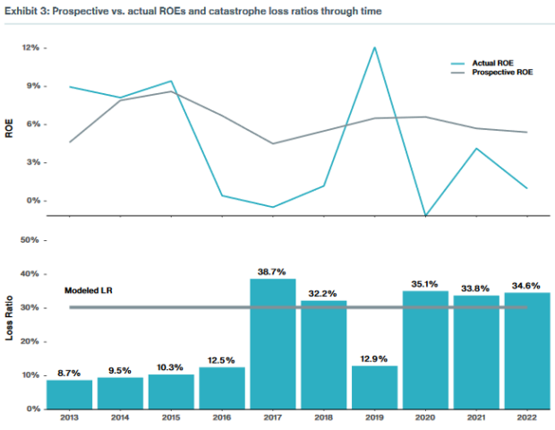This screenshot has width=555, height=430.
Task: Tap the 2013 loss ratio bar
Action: [x=69, y=394]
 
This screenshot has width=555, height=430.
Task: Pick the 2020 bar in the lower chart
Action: [x=425, y=349]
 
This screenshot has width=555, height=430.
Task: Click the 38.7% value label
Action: [x=272, y=271]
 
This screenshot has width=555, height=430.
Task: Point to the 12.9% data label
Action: [x=374, y=357]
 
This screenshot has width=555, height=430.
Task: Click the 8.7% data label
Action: [x=69, y=372]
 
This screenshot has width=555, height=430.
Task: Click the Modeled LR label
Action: [x=87, y=291]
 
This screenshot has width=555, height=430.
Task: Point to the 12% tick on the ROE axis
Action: [x=30, y=47]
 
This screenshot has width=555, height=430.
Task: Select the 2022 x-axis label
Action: [x=527, y=418]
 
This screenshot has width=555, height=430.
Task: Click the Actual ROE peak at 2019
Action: [x=374, y=47]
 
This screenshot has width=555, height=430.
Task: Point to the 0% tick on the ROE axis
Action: [x=31, y=201]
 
